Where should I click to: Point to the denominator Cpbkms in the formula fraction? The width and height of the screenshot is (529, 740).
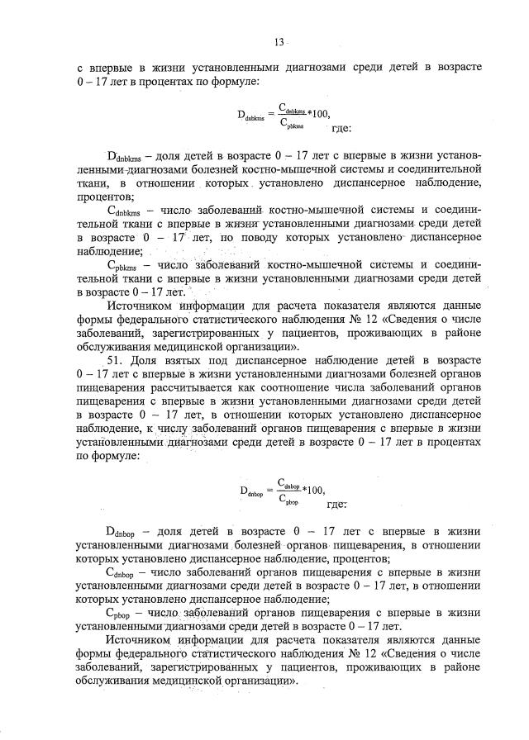(292, 126)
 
